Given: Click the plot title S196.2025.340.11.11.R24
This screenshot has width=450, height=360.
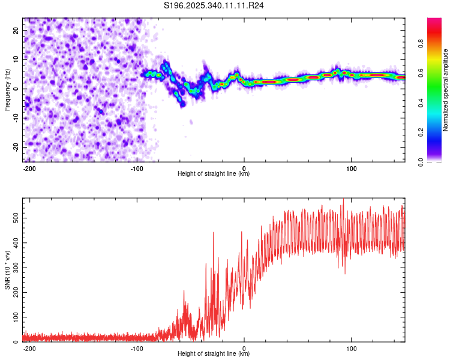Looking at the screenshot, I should [x=214, y=5].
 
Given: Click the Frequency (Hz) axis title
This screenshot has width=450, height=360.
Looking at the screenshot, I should [x=7, y=89].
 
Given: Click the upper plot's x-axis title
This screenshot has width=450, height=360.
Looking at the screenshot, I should [x=214, y=174].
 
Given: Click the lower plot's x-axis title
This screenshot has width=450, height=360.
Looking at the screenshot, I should [x=214, y=354].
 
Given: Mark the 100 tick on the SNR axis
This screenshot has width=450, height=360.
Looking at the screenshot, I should [x=14, y=316].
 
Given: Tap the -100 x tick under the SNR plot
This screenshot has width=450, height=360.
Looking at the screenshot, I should [x=137, y=348].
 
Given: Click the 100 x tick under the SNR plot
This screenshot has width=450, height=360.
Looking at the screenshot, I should [x=352, y=348].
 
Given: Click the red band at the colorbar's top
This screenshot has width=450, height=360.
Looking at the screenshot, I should [x=434, y=22].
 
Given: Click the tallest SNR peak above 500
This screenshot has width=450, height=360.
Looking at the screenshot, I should [x=343, y=199].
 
